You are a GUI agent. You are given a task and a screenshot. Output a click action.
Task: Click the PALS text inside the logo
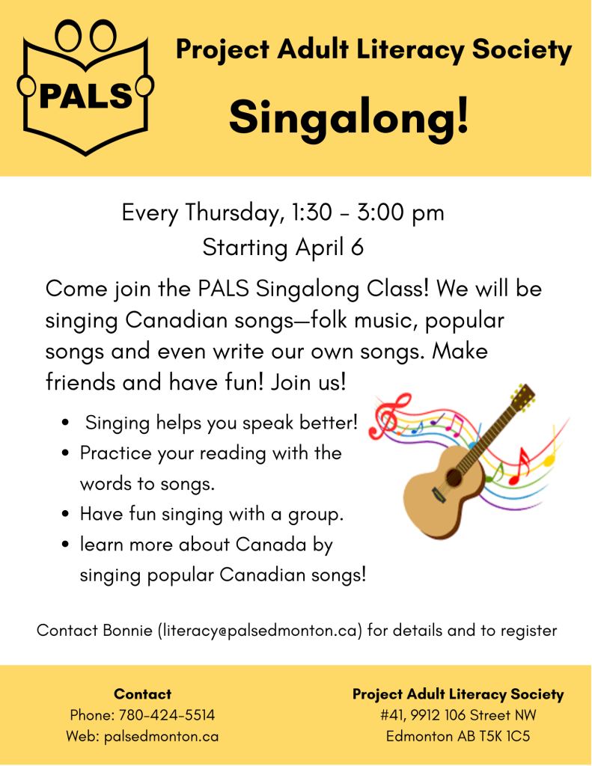tap(85, 95)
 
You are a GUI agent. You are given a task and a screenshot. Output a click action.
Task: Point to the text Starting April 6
tap(283, 248)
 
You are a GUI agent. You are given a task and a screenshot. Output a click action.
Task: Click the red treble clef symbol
tap(390, 415)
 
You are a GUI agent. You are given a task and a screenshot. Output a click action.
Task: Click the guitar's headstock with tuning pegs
tap(522, 395)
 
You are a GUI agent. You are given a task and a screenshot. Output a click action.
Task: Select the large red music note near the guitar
tap(520, 467)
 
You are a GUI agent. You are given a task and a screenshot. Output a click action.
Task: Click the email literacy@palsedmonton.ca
tap(260, 631)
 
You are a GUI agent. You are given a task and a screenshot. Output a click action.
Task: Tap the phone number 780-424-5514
tap(167, 715)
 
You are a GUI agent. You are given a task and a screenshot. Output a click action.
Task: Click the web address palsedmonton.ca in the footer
tap(162, 736)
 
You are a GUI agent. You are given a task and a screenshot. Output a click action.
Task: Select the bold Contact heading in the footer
tap(143, 694)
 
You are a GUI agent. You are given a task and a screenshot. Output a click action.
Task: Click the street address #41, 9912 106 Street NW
tap(458, 715)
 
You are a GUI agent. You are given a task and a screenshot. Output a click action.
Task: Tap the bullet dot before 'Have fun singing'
tap(66, 514)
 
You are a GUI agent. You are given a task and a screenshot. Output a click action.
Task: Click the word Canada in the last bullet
tap(271, 545)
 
